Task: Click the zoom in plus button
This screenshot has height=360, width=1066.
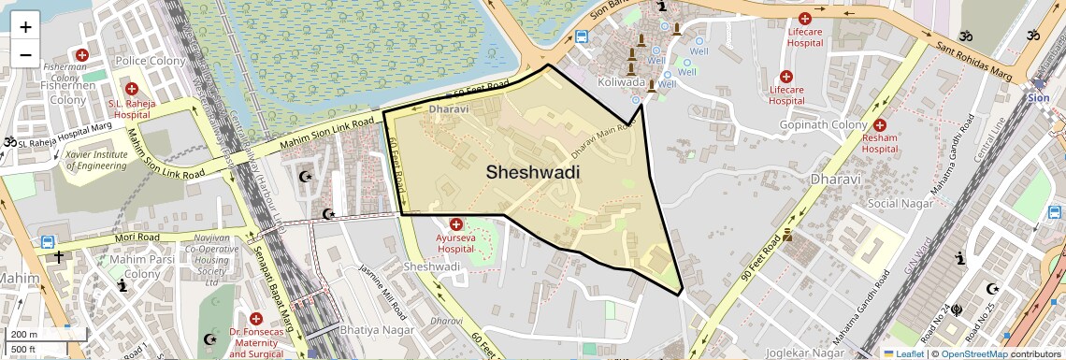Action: (x=25, y=27)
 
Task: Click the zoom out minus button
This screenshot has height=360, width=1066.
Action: (x=25, y=54)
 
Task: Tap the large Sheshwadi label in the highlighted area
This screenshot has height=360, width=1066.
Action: (x=532, y=172)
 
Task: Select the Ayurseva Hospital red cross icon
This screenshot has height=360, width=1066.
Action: (x=456, y=224)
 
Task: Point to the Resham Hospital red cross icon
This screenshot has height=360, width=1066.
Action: (x=879, y=125)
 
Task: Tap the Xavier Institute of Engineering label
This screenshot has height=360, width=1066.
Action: (x=96, y=160)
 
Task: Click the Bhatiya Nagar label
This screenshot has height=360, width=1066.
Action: (x=364, y=330)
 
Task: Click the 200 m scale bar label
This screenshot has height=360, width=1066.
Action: (x=24, y=335)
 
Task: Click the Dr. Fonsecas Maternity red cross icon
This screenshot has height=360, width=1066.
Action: (x=255, y=320)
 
